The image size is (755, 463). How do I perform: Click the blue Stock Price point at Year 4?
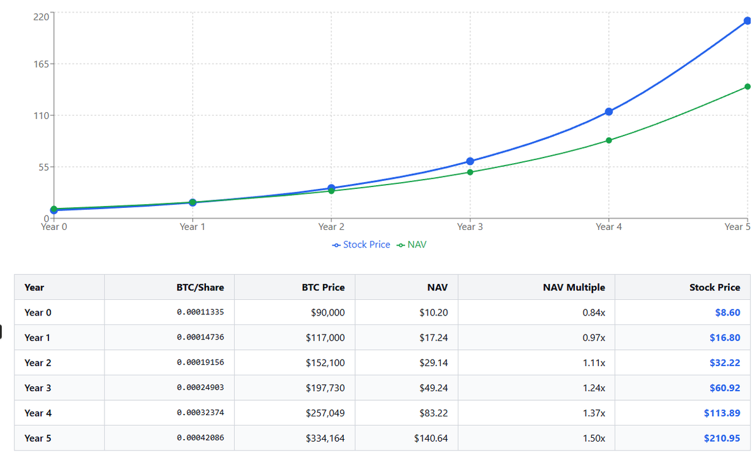608,111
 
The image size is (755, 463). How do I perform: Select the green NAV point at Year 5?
747,86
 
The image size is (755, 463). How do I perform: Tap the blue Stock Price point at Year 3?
470,161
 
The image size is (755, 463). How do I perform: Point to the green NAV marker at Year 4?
608,140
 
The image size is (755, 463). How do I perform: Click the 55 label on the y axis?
48,167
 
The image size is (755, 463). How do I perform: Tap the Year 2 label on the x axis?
331,227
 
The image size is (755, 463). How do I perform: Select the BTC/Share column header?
200,287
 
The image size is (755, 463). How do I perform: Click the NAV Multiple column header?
574,287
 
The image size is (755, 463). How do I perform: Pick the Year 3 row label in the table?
37,388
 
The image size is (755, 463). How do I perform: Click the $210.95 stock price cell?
722,438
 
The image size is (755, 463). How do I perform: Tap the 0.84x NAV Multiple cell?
594,312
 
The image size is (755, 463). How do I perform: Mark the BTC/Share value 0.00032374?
200,413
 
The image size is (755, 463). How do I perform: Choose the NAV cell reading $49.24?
433,388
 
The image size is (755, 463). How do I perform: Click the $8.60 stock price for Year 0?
727,312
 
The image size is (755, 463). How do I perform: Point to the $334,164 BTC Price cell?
325,438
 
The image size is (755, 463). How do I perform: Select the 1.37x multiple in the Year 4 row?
594,413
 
